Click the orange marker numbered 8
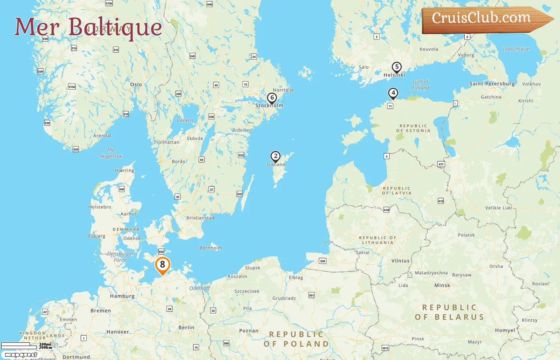coord(162,265)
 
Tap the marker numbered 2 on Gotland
coord(275,156)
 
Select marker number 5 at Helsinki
coord(396,67)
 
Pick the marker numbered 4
coord(393,93)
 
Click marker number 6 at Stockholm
coord(272,98)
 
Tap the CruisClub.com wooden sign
coord(482,18)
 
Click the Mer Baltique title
coord(88,27)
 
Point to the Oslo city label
coord(136,84)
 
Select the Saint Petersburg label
coord(492,84)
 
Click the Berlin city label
coord(186,327)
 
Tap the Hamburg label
coord(122,296)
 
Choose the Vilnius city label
coord(400,261)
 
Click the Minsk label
coord(442,285)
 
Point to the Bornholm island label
coord(211,248)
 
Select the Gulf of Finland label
coord(420,85)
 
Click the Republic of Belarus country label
coord(450,312)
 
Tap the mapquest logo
coord(21,355)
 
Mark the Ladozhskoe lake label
coord(516,49)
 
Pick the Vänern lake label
coord(185,120)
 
